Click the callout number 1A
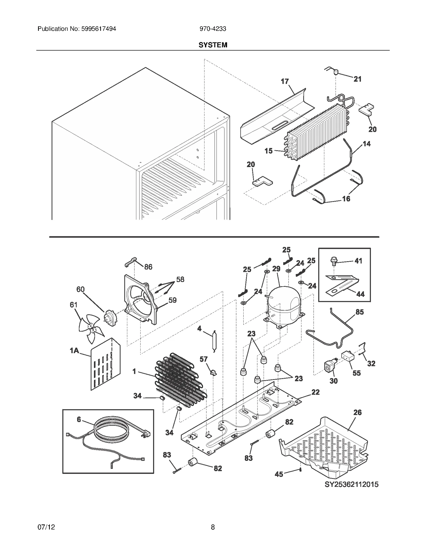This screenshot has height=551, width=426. tap(75, 351)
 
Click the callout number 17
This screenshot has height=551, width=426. tap(285, 81)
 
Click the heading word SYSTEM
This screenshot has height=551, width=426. tap(213, 45)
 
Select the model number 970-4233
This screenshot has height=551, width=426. tap(213, 29)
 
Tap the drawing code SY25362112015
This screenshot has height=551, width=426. tap(351, 492)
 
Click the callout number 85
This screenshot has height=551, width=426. tap(359, 312)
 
